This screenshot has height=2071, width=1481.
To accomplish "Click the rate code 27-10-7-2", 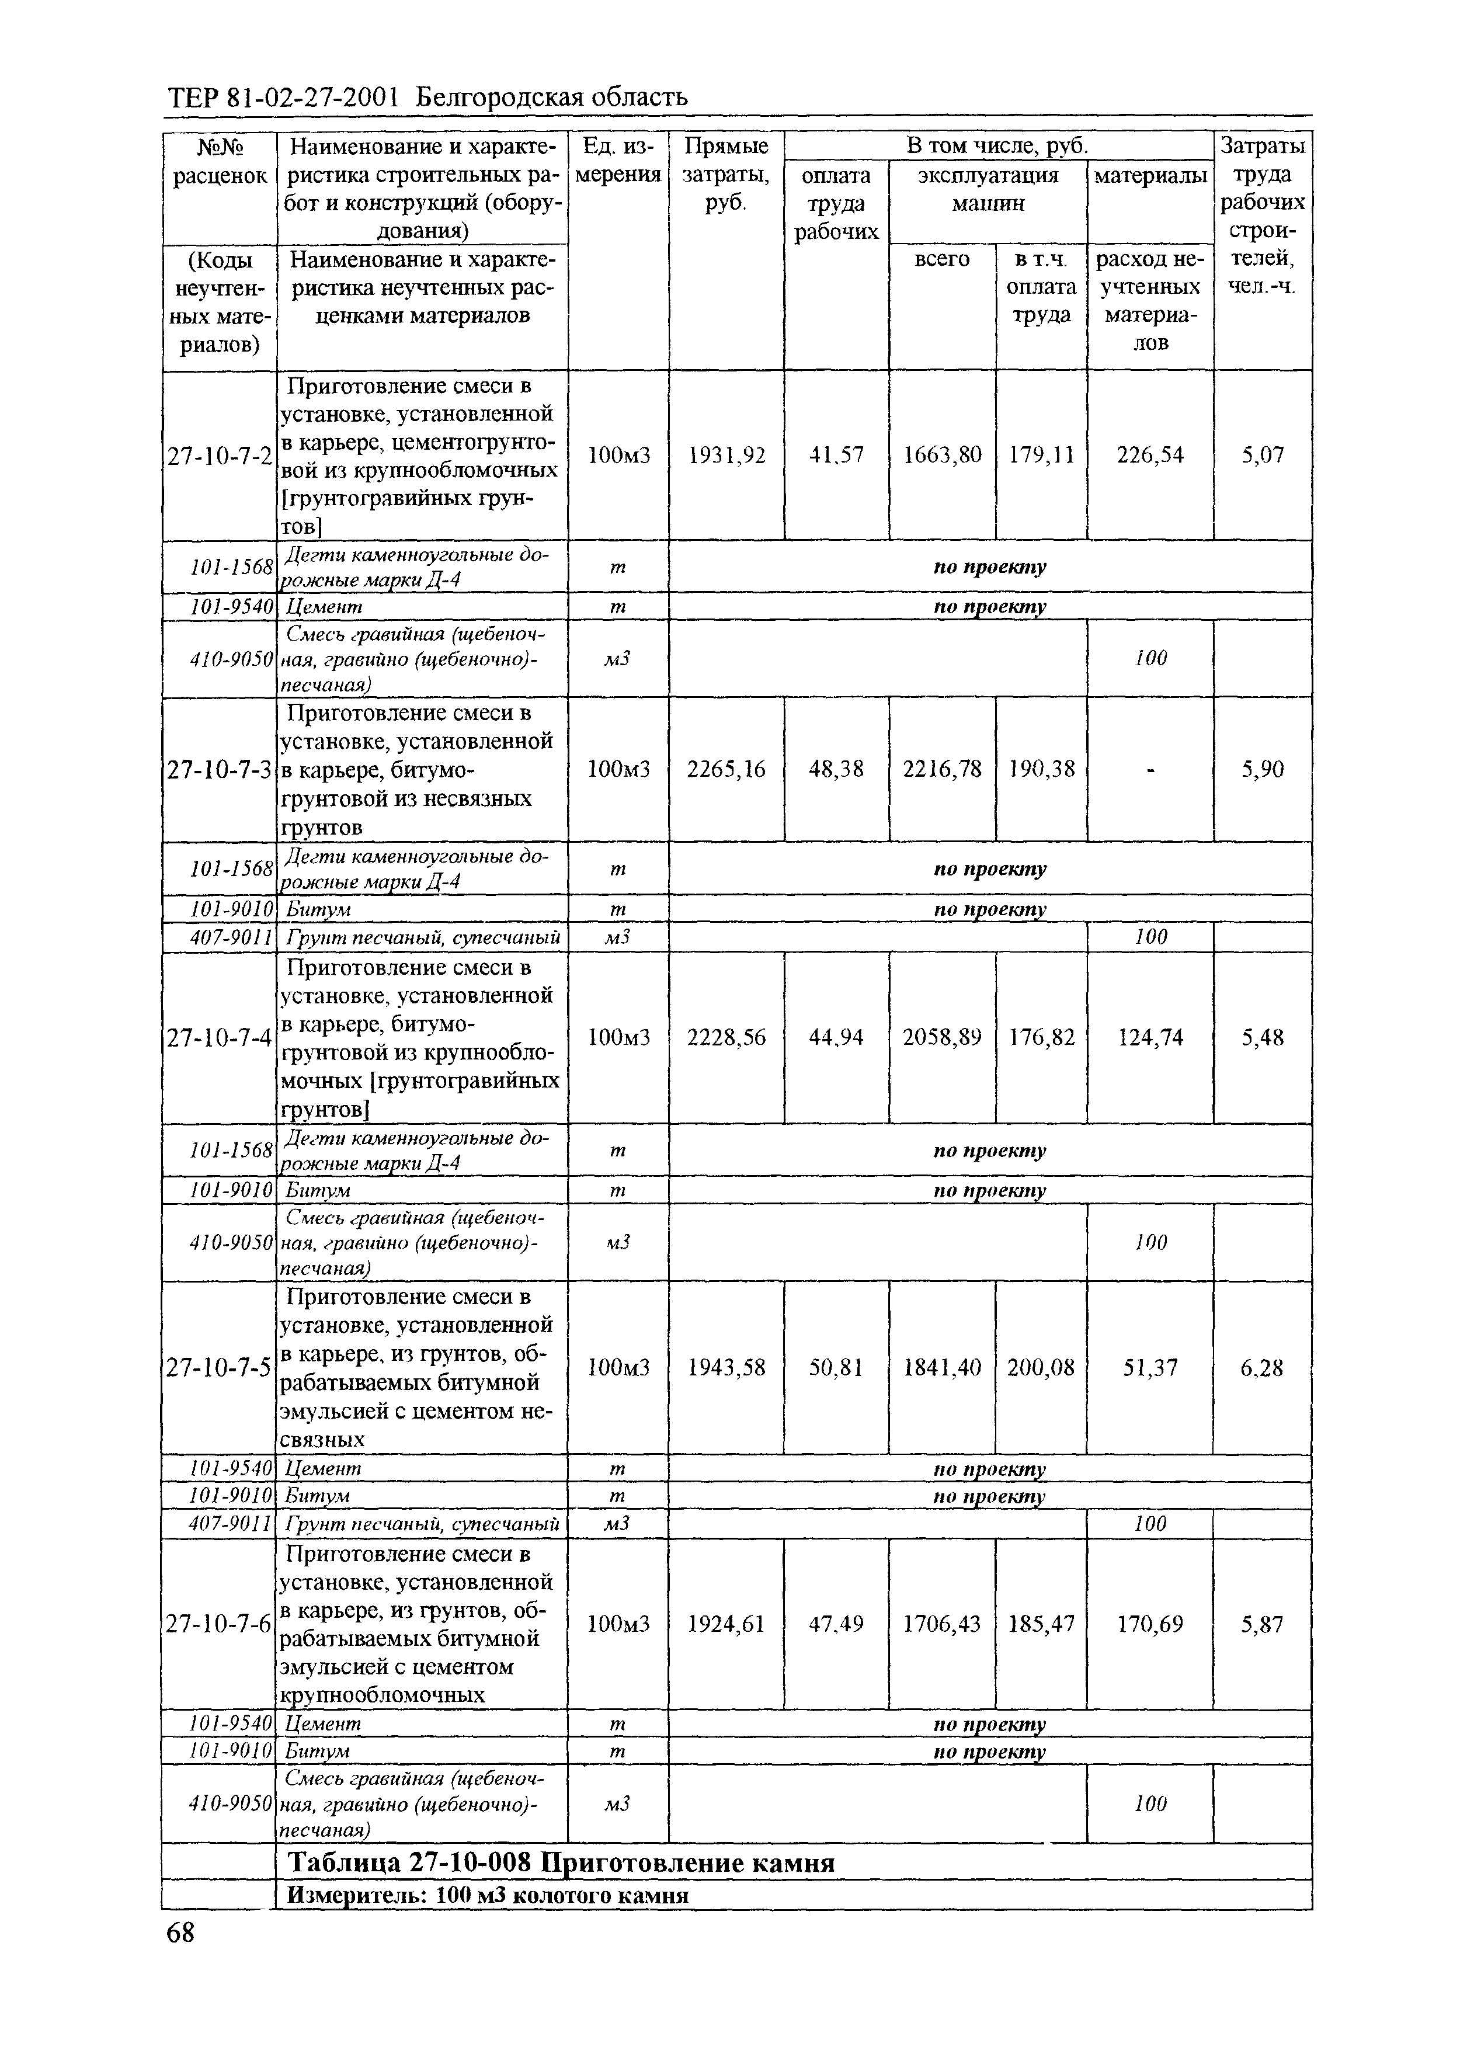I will pyautogui.click(x=220, y=455).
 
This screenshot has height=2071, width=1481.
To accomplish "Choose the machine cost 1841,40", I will pyautogui.click(x=942, y=1368).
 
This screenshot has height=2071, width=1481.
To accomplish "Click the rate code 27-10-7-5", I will pyautogui.click(x=220, y=1368).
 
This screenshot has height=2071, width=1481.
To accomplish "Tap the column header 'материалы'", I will pyautogui.click(x=1150, y=175).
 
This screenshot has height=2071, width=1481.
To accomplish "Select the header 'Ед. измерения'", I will pyautogui.click(x=618, y=161).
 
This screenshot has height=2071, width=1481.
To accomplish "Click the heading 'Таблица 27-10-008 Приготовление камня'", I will pyautogui.click(x=561, y=1862).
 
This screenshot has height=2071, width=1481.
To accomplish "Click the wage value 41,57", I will pyautogui.click(x=836, y=455).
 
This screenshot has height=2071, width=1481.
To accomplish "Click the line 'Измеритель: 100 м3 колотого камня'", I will pyautogui.click(x=488, y=1896).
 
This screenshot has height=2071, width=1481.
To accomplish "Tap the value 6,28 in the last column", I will pyautogui.click(x=1262, y=1368).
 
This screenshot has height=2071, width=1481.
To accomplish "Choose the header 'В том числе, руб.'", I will pyautogui.click(x=997, y=146).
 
